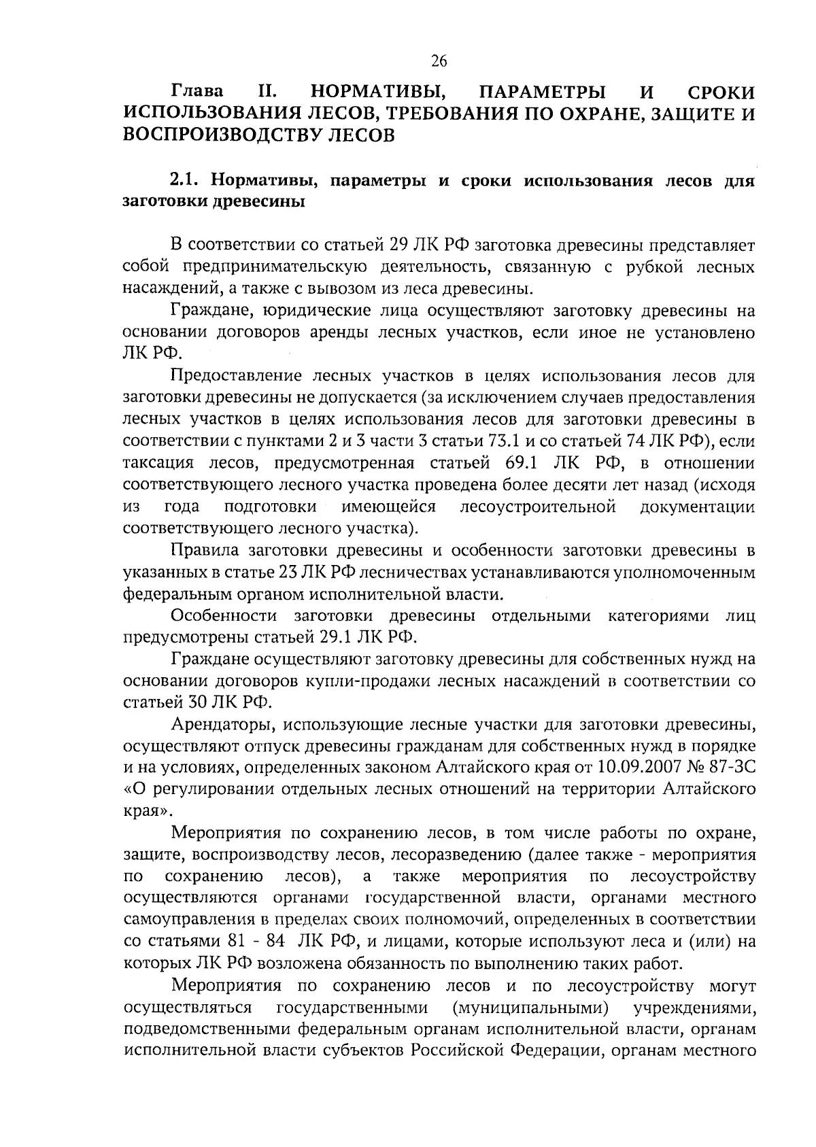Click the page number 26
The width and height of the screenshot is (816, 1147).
[x=439, y=61]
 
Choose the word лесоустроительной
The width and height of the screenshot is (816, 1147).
[x=538, y=507]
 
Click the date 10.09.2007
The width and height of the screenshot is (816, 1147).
[x=636, y=768]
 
